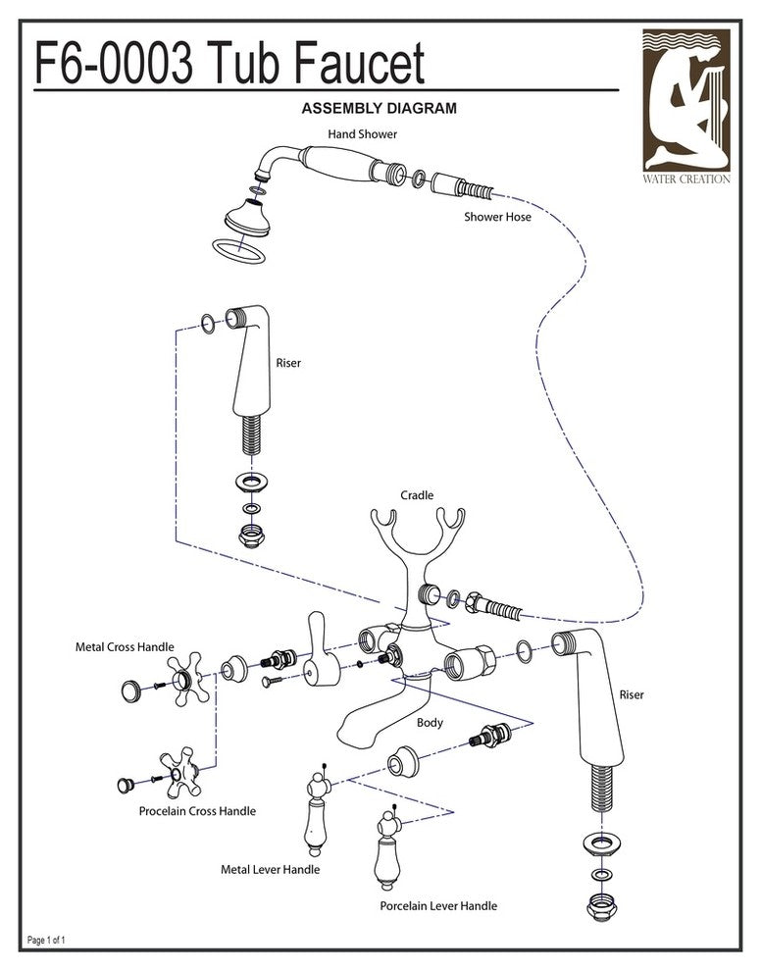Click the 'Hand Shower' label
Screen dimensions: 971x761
[x=362, y=133]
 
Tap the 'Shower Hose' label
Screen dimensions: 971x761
[x=497, y=217]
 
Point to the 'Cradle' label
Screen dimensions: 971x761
[x=417, y=496]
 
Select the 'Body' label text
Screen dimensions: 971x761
[x=430, y=723]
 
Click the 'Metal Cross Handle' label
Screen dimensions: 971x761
[x=125, y=647]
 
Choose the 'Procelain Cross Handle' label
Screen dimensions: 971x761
[x=197, y=811]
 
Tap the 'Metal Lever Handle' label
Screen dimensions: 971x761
[x=271, y=869]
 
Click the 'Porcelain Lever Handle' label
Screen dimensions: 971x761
[x=438, y=905]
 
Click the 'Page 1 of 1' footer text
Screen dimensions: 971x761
[x=46, y=940]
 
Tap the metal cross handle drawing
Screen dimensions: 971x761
[x=186, y=683]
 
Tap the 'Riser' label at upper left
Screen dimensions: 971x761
[x=288, y=363]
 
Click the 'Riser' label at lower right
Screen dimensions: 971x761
[x=632, y=695]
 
